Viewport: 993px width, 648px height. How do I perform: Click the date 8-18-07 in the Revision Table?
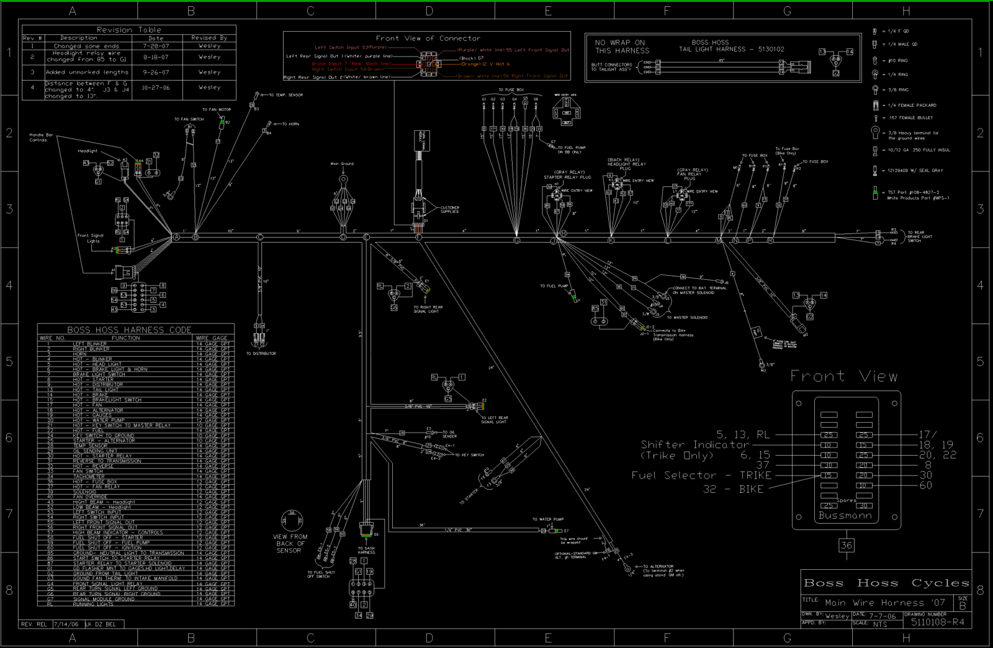coord(156,56)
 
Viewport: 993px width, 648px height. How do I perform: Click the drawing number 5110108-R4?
coord(937,621)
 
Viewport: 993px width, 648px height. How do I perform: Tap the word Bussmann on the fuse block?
coord(845,515)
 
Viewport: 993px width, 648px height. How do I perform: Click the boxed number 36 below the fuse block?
coord(847,545)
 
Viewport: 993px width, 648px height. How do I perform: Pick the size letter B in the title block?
coord(963,606)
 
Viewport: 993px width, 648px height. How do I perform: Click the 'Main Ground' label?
coord(342,164)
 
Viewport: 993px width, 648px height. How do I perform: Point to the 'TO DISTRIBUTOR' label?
coord(261,354)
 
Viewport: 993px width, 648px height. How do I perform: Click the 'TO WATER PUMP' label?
coord(548,520)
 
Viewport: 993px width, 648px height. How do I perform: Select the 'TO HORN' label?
coord(290,124)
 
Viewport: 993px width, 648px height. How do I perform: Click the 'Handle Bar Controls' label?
coord(41,137)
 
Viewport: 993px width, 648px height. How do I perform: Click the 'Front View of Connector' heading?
coord(428,38)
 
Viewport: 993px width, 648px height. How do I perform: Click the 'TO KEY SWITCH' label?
coord(469,455)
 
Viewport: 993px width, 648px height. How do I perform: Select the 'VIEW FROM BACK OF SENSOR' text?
coord(290,544)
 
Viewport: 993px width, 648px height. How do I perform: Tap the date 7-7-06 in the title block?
coord(882,616)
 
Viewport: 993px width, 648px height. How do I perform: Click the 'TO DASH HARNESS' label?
coord(366,551)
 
